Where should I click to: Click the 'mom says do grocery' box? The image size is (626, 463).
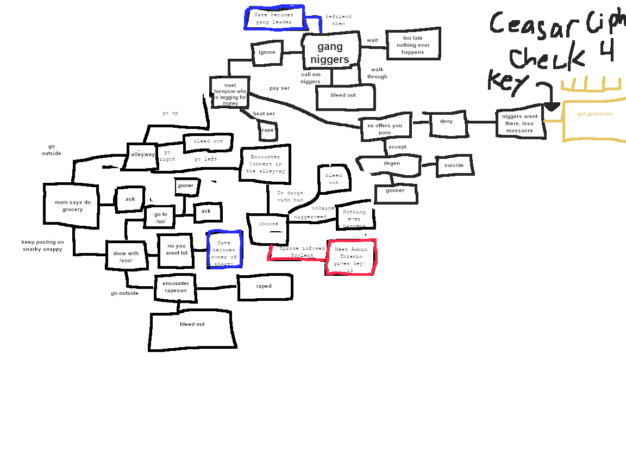(71, 205)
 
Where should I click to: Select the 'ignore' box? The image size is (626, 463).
(267, 53)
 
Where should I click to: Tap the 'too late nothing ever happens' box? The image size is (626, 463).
(413, 45)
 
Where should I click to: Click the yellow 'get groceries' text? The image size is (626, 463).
(594, 114)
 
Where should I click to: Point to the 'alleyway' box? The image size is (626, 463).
(142, 155)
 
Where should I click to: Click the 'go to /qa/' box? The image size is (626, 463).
(160, 218)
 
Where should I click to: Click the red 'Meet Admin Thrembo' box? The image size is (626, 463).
(351, 257)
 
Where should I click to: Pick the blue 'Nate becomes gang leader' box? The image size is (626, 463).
(274, 18)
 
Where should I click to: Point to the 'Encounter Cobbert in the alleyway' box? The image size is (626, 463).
(266, 164)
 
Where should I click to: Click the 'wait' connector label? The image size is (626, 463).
(372, 40)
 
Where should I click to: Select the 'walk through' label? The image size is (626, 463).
(377, 73)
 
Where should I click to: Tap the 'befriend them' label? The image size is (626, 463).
(339, 20)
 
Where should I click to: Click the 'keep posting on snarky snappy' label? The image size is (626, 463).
(43, 245)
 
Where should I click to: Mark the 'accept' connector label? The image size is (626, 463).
(397, 147)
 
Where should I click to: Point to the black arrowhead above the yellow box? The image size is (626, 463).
(552, 107)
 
